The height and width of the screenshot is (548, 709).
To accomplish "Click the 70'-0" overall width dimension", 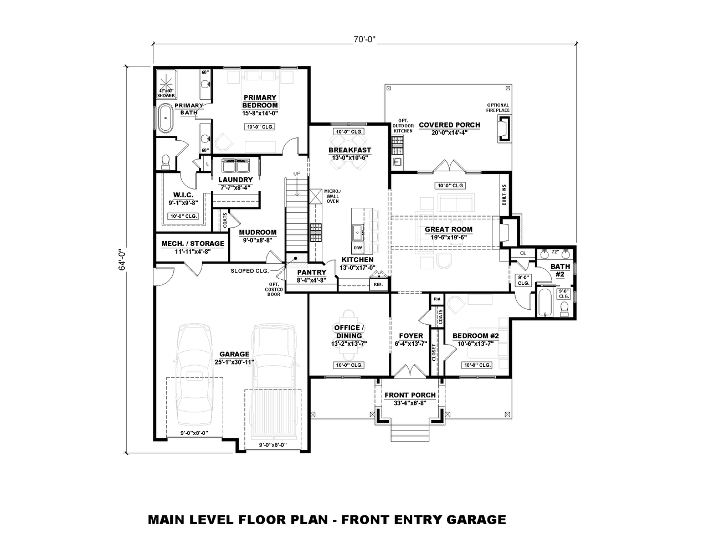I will [x=364, y=39].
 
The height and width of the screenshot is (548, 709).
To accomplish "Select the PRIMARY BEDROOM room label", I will [x=260, y=101].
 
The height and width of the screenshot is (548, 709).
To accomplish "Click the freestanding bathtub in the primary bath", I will [x=165, y=118].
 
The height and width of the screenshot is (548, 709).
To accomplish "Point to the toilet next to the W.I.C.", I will [x=165, y=161].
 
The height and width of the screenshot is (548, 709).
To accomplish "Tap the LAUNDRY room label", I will [x=235, y=180].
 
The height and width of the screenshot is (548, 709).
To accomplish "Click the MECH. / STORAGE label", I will [x=193, y=243].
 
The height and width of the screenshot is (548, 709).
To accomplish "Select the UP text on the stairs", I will [x=297, y=174].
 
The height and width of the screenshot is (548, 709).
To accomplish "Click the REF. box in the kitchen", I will [x=378, y=285].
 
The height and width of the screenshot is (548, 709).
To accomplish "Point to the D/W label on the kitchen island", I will [x=358, y=248].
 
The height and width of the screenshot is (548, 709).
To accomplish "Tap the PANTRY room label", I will [x=311, y=272].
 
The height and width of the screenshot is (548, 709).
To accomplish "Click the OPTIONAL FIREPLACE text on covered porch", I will [x=498, y=107].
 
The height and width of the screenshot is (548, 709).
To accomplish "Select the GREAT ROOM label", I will [x=448, y=229].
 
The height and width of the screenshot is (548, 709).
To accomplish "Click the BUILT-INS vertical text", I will [x=504, y=195].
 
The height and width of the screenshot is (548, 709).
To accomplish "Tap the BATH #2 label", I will [x=560, y=270].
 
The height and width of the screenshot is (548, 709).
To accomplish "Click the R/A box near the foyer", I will [x=437, y=299].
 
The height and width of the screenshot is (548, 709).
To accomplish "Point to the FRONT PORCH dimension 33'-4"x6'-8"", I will [x=410, y=403].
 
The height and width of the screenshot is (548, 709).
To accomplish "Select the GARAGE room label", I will [x=234, y=354].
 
